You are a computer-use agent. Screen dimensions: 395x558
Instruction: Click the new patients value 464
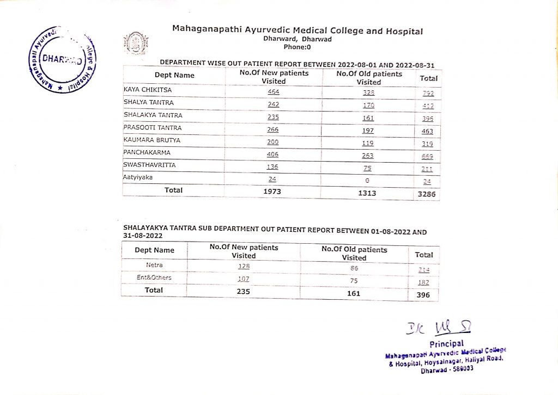point(274,92)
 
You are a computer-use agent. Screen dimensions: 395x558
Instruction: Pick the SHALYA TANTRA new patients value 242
point(274,104)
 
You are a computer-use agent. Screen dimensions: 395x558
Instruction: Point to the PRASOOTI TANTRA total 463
point(427,131)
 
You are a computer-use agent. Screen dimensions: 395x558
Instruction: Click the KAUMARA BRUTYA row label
point(145,140)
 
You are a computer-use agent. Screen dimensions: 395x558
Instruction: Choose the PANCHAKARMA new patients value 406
point(274,155)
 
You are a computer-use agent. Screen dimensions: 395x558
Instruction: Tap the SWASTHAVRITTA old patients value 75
point(368,168)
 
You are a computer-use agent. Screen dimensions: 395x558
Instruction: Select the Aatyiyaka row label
point(137,177)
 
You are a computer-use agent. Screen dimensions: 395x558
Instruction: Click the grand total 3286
point(427,194)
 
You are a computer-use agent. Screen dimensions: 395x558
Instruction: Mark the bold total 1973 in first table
point(274,192)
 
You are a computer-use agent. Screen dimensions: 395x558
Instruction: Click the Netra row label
point(154,265)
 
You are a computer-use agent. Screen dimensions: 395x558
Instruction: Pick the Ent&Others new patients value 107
point(243,279)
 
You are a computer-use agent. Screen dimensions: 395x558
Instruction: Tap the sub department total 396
point(423,295)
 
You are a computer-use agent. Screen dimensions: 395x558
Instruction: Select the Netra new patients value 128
point(243,266)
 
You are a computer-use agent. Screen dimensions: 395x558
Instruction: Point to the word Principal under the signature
point(447,343)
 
